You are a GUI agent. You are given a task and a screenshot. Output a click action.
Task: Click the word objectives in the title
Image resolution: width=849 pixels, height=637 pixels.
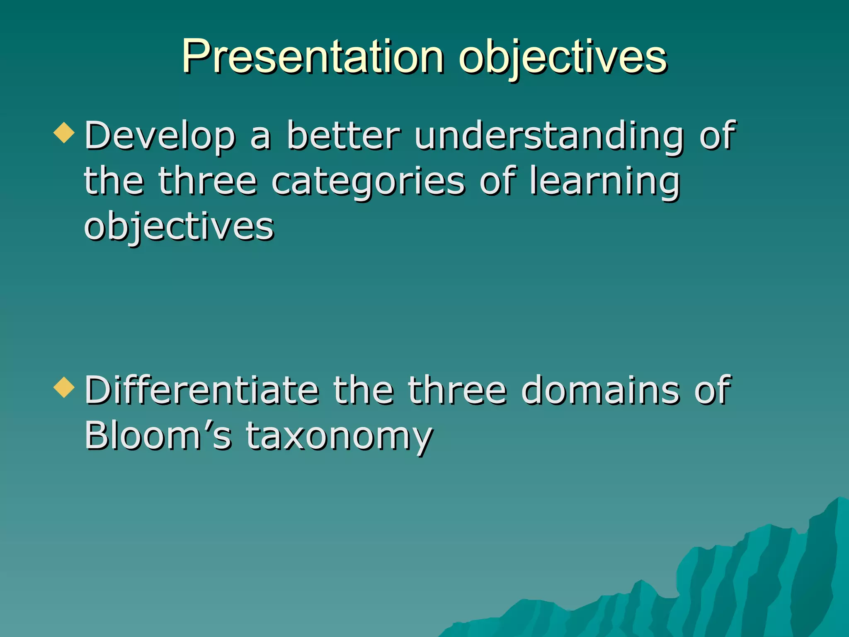(x=563, y=58)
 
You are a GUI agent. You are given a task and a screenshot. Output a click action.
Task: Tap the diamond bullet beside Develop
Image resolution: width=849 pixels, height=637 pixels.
(x=64, y=133)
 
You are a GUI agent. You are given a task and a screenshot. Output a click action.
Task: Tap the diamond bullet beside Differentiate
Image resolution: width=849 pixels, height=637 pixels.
(x=64, y=387)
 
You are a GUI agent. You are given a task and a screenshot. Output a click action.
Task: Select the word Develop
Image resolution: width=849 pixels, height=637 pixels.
(x=160, y=136)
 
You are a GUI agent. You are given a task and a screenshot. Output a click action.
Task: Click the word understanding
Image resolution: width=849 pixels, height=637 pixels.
(x=549, y=136)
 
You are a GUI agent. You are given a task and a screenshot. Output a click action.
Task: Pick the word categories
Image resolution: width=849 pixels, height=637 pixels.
(x=368, y=182)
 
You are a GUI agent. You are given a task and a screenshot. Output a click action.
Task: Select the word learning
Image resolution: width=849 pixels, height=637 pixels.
(x=605, y=182)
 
